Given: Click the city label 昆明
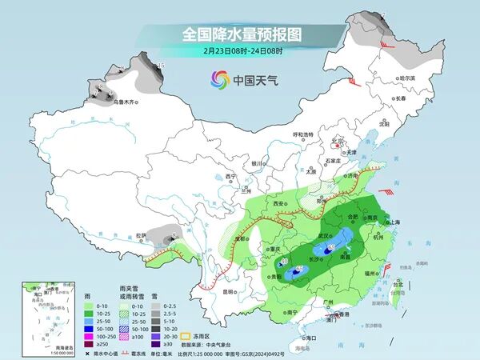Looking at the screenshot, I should click(x=229, y=291).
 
